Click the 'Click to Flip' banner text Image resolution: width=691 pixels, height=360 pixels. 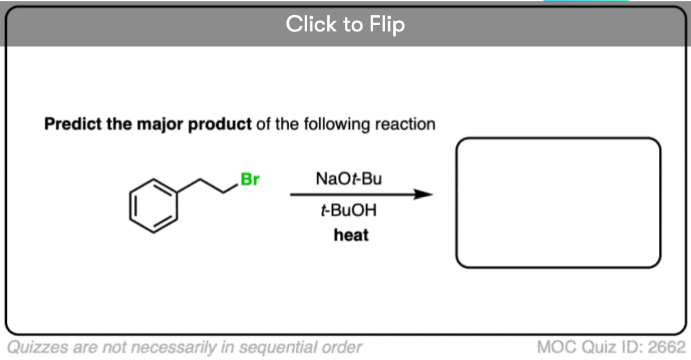[345, 25]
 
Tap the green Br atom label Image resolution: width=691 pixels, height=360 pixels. [249, 180]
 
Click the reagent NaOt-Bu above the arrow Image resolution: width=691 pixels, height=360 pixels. [349, 179]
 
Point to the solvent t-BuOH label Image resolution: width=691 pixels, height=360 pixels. [349, 210]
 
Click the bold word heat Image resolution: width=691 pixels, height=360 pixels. [351, 236]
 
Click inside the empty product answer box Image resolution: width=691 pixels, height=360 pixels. [558, 202]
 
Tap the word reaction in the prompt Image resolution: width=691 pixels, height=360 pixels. [405, 124]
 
